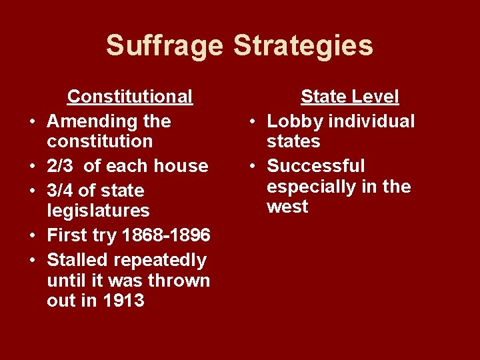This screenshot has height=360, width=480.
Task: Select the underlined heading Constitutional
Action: pos(130,97)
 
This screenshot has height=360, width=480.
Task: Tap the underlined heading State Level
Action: pos(349,97)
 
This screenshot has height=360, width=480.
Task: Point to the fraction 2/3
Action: pos(62,165)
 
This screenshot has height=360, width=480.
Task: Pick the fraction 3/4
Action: pos(62,191)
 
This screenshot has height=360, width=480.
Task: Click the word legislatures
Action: pos(98,211)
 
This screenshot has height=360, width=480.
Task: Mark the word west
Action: pos(287,207)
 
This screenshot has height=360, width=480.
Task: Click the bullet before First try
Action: pos(32,236)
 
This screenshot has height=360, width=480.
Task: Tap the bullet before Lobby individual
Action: pos(252,122)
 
